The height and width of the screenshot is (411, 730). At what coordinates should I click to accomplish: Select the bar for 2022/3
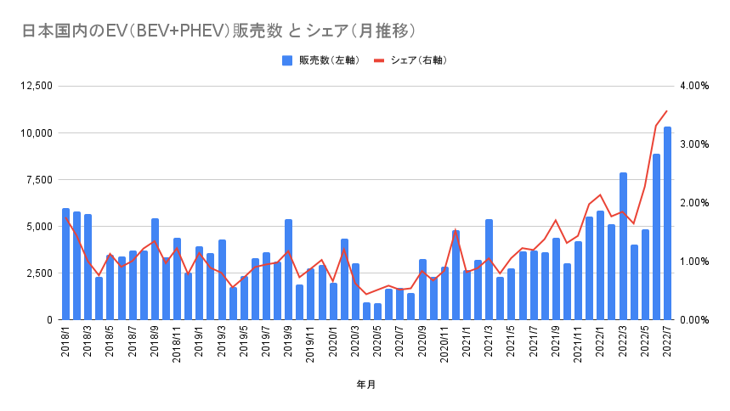(x=623, y=246)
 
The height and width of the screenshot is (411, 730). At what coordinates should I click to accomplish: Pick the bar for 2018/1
(x=65, y=264)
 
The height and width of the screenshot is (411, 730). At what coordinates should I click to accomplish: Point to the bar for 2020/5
(x=377, y=312)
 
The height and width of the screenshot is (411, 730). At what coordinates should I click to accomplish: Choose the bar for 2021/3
(x=489, y=269)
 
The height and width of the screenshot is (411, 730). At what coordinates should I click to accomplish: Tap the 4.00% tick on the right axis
(x=694, y=86)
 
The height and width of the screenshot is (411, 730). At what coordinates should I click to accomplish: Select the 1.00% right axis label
(x=694, y=262)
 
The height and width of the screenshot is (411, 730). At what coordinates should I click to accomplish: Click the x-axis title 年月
(x=366, y=385)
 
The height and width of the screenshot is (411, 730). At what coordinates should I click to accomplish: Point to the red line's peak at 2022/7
(x=667, y=110)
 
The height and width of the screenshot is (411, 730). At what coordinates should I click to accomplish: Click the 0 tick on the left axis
(x=50, y=320)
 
